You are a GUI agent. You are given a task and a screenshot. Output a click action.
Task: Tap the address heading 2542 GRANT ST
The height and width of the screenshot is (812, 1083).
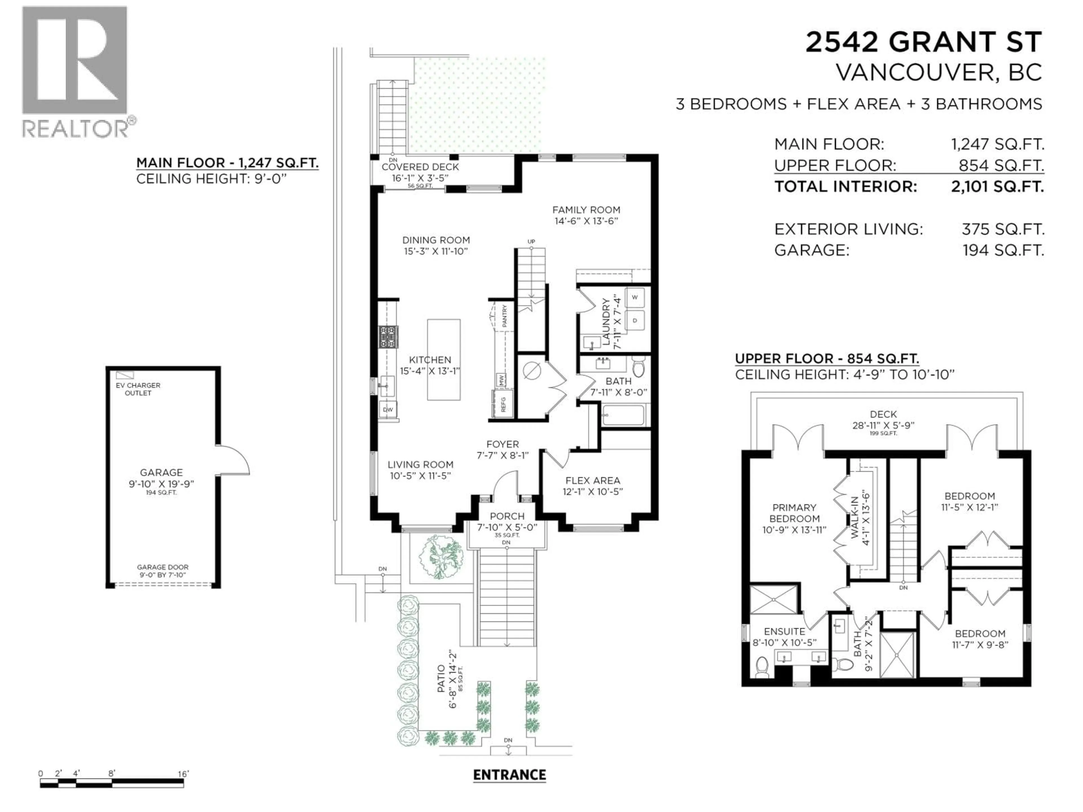pyautogui.click(x=923, y=43)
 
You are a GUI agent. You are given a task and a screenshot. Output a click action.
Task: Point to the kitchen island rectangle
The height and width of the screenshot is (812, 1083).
pyautogui.click(x=444, y=360)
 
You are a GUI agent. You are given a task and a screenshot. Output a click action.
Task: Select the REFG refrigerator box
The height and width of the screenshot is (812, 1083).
pyautogui.click(x=503, y=404)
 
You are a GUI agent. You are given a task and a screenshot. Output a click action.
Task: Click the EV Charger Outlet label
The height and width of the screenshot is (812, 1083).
pyautogui.click(x=138, y=389)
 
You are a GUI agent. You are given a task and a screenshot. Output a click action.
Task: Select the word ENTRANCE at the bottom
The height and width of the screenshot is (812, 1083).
pyautogui.click(x=509, y=775)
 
